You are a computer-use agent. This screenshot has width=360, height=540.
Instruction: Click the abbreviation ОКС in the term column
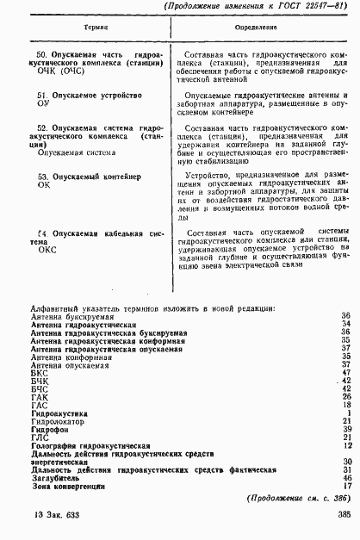[46, 243]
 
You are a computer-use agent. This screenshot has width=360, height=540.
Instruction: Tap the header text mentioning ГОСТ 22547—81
[258, 9]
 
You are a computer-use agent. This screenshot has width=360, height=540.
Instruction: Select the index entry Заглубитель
[56, 476]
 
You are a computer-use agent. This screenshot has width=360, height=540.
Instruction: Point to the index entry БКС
[39, 372]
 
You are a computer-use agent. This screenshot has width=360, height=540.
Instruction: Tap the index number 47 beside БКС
[344, 372]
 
